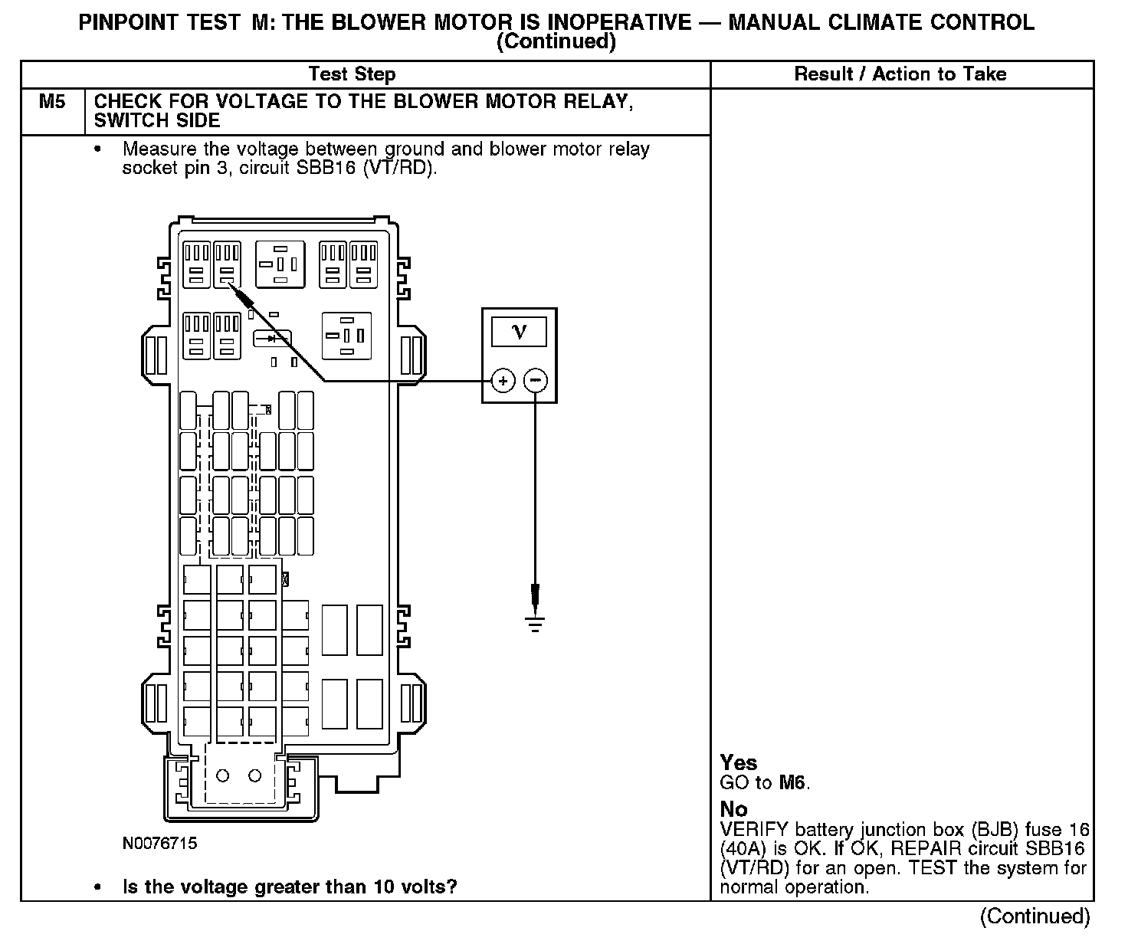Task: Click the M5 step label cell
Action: (x=52, y=102)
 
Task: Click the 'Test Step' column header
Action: (x=352, y=74)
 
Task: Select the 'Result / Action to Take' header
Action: (x=900, y=74)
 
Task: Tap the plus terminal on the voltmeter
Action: (x=503, y=380)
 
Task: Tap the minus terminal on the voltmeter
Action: (x=536, y=380)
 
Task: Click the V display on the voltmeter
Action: (x=519, y=333)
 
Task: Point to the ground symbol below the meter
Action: (x=535, y=624)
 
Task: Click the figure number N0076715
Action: (x=159, y=844)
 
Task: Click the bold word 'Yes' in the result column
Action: (x=739, y=763)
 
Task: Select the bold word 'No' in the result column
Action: (x=733, y=809)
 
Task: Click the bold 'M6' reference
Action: (x=792, y=782)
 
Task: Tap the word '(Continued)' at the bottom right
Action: (x=1035, y=916)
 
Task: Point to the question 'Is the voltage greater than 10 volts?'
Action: (x=290, y=887)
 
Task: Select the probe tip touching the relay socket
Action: (x=229, y=283)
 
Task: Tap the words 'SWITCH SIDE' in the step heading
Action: (x=157, y=120)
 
